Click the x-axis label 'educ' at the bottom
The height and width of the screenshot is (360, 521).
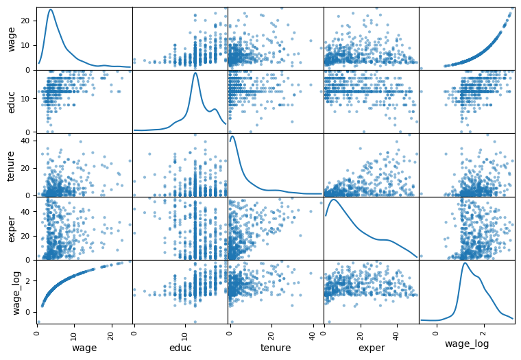[x=180, y=348]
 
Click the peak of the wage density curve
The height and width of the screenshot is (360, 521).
[x=51, y=10]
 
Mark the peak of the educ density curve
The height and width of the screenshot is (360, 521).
[x=196, y=73]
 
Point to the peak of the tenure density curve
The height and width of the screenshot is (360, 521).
[x=232, y=136]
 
